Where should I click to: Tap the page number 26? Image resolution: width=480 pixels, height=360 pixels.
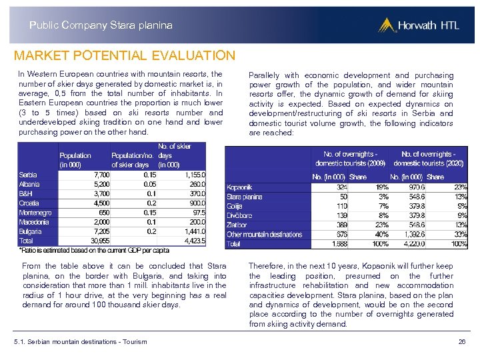point(462,342)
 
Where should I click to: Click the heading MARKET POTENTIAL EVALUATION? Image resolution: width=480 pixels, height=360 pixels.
point(125,56)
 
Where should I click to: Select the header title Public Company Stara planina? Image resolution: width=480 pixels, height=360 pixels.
point(101,25)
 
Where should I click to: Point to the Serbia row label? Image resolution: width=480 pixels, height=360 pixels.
point(28,175)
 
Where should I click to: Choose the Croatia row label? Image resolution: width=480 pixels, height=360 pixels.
point(29,203)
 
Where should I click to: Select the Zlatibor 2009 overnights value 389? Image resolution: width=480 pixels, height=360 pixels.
point(341,225)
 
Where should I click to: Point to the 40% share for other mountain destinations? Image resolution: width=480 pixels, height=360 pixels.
point(381,235)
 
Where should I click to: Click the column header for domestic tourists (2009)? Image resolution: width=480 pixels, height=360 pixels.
point(350,159)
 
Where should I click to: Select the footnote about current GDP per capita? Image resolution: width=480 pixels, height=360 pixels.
point(93,251)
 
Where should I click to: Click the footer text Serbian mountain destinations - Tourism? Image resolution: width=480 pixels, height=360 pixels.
point(80,342)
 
